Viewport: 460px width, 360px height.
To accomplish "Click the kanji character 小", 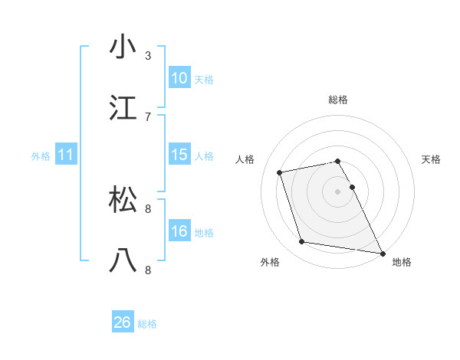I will coord(123,47).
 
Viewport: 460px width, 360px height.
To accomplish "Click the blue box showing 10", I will coord(179,78).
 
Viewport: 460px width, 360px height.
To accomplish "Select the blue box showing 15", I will coord(179,155).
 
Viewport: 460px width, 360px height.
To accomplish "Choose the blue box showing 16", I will coord(179,231).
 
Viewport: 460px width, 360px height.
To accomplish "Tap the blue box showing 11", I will coord(66,155).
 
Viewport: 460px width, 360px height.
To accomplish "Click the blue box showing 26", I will coord(123,322).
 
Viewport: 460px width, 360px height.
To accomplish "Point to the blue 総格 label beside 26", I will coord(147,324).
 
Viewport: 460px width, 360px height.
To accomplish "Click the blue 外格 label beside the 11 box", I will coord(41,156).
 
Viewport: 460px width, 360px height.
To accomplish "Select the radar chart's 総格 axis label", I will coord(338,100).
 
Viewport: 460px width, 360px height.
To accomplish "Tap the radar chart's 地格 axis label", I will coord(402,263).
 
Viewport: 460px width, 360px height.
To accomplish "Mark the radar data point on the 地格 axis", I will coord(381,252).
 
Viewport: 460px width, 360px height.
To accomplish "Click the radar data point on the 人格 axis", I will coord(280,172).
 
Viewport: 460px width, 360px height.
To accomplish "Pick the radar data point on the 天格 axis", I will coord(353,187).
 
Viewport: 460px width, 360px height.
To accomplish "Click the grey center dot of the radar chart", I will coord(338,191).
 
